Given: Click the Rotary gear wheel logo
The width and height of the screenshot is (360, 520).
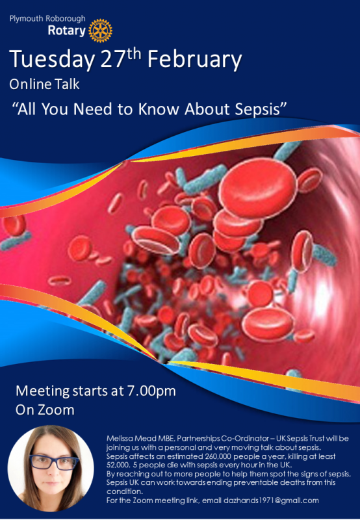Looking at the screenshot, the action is click(x=101, y=31).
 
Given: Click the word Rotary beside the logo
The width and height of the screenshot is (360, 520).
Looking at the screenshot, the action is click(x=67, y=31).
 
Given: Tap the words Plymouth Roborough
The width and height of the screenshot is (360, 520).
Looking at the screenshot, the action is click(x=47, y=19).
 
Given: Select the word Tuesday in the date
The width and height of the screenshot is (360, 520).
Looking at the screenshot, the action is click(x=52, y=60).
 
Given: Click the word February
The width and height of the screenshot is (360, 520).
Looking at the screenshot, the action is click(x=194, y=60).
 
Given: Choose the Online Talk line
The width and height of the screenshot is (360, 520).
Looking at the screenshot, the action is click(x=44, y=84).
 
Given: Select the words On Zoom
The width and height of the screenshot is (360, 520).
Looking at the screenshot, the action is click(x=45, y=410).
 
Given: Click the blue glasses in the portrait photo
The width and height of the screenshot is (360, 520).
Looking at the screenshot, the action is click(x=53, y=462).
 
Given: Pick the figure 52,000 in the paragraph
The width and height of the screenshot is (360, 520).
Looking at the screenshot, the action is click(x=118, y=465).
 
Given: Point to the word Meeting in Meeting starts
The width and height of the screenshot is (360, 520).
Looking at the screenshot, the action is click(x=42, y=391).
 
